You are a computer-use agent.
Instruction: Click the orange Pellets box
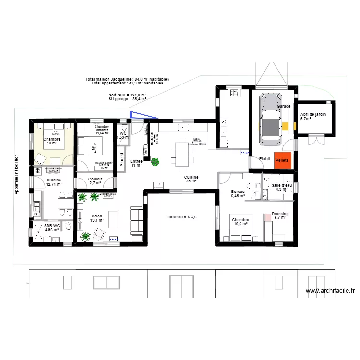(282, 161)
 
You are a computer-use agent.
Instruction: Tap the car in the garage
(270, 120)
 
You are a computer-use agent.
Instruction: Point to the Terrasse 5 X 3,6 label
(182, 217)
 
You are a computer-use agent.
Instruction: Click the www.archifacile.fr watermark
(330, 290)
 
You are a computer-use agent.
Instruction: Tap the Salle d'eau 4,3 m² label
(282, 187)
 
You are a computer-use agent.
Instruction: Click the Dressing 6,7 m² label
(279, 216)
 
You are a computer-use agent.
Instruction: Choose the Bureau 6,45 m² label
(238, 193)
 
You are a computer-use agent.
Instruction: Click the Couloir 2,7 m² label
(96, 181)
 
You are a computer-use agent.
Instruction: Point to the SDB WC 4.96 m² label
(51, 228)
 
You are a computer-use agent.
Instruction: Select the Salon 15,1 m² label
(97, 218)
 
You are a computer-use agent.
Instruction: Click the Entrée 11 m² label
(136, 163)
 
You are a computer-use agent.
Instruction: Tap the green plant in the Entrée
(155, 162)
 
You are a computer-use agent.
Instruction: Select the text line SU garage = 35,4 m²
(128, 99)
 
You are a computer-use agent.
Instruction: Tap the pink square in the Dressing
(267, 217)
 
